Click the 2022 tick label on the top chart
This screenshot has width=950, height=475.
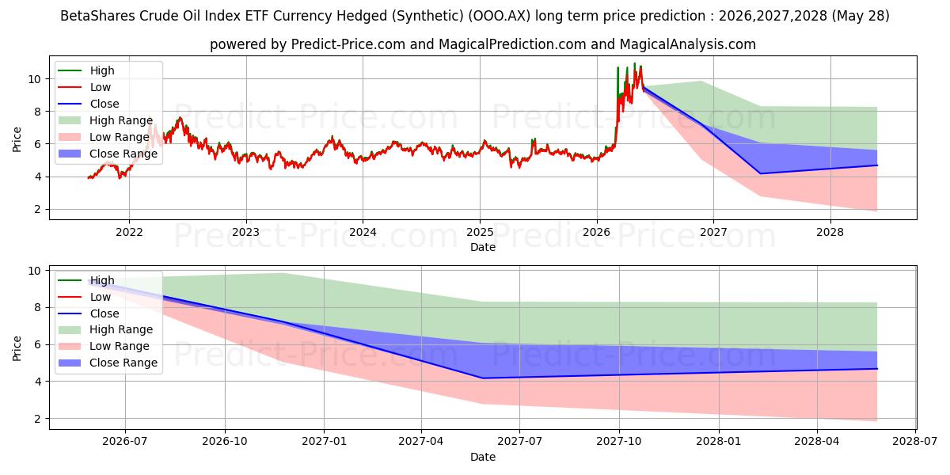(129, 233)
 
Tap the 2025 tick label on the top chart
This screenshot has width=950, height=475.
(480, 233)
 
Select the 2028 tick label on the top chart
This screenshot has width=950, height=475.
(830, 233)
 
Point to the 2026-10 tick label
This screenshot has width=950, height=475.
(225, 442)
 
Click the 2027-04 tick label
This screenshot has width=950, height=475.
(421, 442)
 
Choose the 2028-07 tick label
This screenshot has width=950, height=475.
(915, 442)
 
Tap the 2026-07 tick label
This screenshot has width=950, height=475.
(125, 442)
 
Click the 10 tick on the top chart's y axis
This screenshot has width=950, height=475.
(34, 79)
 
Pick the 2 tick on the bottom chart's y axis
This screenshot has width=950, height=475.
(37, 419)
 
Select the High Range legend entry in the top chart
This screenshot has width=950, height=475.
(105, 120)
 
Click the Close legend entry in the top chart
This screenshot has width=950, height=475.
(88, 104)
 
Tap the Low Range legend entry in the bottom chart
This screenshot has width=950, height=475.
(104, 346)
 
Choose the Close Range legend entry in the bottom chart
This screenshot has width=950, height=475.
(108, 363)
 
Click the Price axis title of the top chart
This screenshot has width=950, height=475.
(17, 139)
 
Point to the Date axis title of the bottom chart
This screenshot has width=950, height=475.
(483, 457)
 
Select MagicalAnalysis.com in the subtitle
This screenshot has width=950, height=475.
(687, 44)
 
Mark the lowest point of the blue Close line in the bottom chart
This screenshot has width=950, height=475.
(483, 378)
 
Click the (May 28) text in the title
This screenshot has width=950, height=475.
(861, 16)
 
